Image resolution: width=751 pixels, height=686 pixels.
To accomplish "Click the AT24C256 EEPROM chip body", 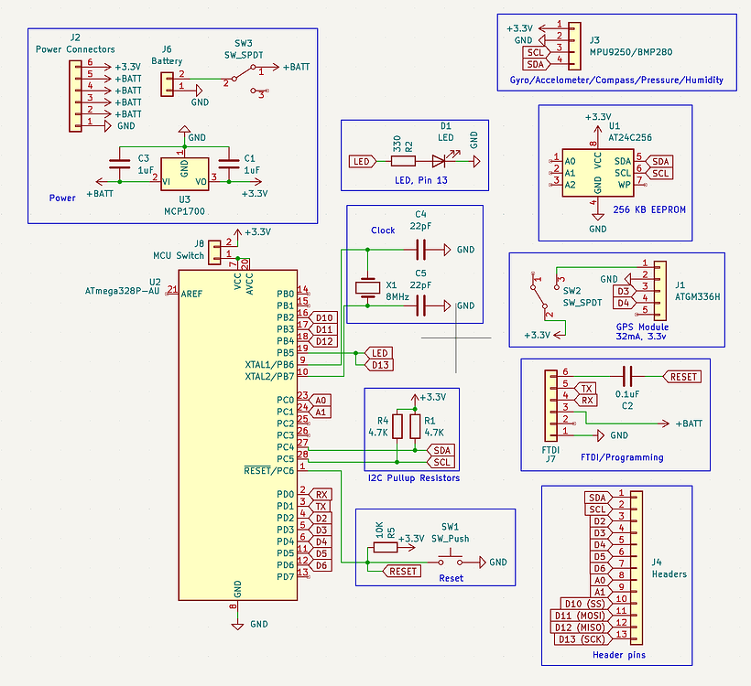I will point(597,171).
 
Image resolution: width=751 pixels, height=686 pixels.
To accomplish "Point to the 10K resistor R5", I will point(385,548).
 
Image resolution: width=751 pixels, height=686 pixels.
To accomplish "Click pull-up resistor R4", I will point(397,426).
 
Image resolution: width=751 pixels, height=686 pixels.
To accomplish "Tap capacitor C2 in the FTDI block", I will point(627,376).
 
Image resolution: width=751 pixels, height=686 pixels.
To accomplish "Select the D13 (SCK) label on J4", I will point(581,638).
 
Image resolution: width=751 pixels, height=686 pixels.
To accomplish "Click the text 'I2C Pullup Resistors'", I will point(412,478).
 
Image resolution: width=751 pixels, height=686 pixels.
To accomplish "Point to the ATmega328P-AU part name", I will point(122,292).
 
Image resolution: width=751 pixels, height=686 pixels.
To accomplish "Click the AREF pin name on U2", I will point(191,294).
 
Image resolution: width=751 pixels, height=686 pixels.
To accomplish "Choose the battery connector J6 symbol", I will point(168,84).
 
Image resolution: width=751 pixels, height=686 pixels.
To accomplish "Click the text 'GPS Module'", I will point(641,325).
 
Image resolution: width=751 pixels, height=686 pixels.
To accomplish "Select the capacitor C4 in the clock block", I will point(421,249).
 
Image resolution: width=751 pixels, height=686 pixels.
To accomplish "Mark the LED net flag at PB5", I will point(379,352).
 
